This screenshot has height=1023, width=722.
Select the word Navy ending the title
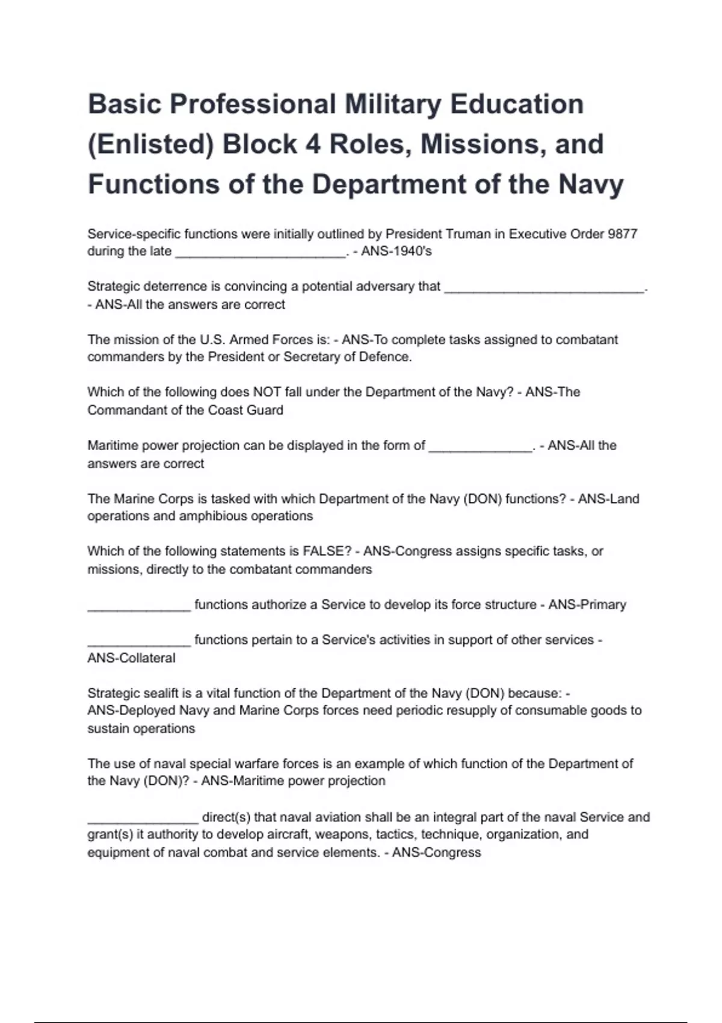click(590, 184)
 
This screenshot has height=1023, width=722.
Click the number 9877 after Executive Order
click(622, 234)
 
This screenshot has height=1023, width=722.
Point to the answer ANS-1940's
click(396, 252)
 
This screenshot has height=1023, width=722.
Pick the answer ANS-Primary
click(587, 605)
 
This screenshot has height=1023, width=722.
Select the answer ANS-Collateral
click(131, 658)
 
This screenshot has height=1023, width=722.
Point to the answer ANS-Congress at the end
click(436, 853)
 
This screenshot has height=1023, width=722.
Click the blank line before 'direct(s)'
click(143, 819)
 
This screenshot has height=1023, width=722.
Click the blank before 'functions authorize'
click(139, 607)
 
